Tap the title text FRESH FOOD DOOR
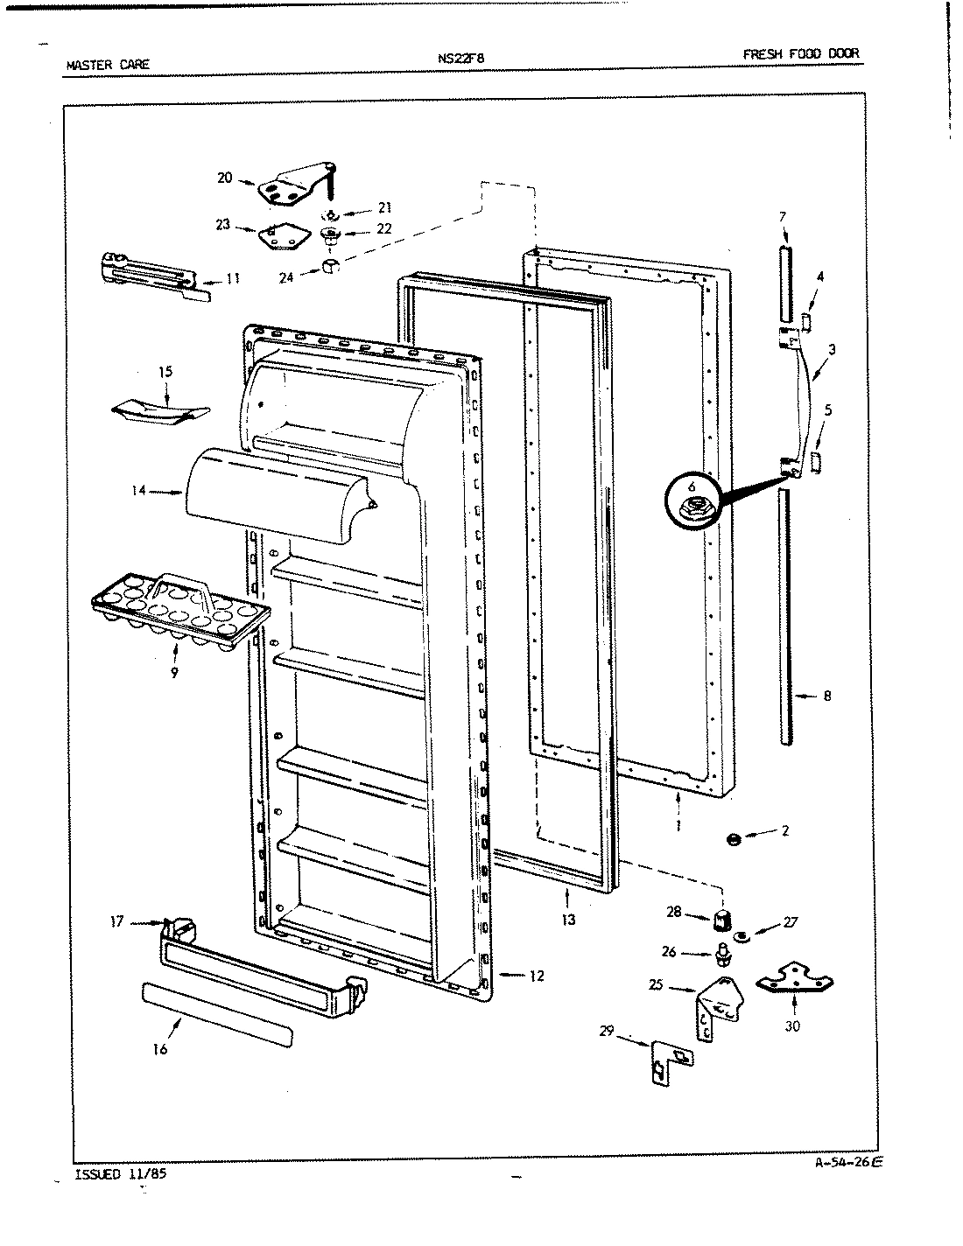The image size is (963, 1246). coord(800,53)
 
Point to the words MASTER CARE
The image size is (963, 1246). coord(108,64)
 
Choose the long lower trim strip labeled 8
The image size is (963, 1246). coord(787,617)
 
